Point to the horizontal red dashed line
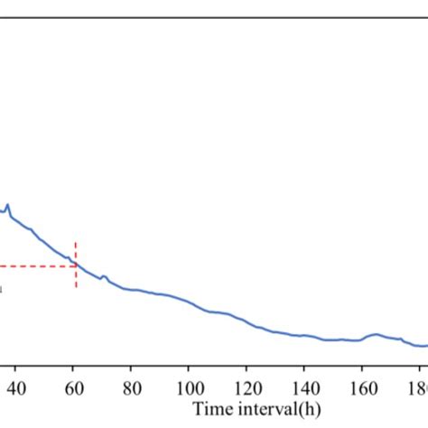(36, 266)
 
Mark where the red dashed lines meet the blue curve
(76, 265)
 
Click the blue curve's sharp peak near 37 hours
(8, 206)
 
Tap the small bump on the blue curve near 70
(103, 276)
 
